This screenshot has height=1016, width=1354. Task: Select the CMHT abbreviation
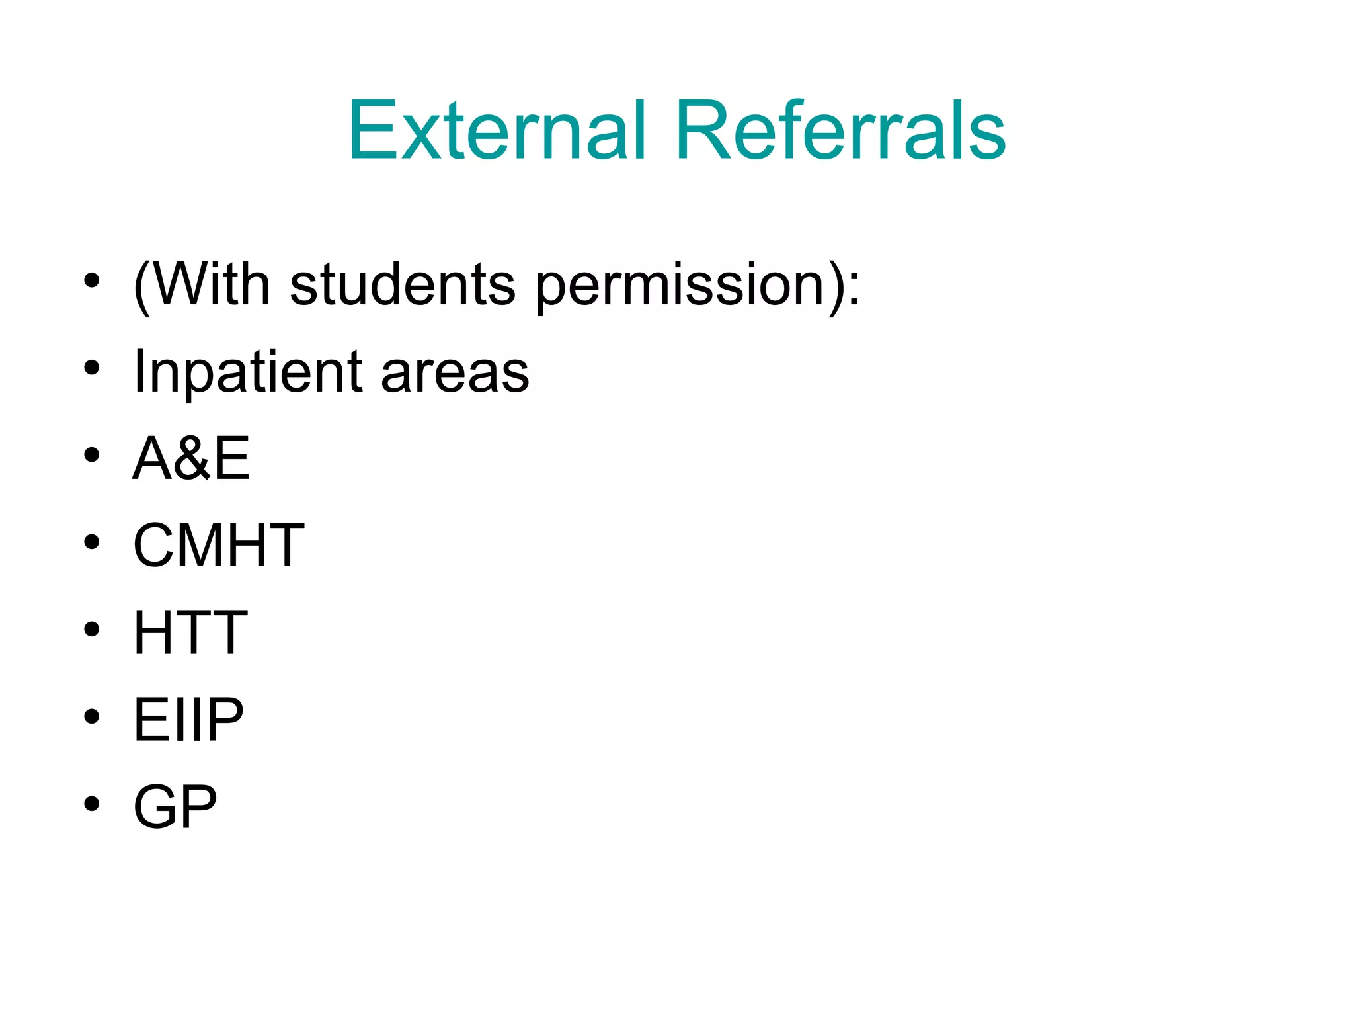tap(218, 545)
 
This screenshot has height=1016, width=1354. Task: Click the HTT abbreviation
tap(190, 632)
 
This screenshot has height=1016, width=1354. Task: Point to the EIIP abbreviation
tap(188, 720)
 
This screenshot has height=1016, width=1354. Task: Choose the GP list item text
tap(175, 806)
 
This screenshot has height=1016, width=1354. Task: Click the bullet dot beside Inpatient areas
tap(92, 368)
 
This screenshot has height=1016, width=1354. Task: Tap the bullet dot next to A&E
tap(92, 455)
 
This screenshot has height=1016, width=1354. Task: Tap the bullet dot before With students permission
tap(92, 281)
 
